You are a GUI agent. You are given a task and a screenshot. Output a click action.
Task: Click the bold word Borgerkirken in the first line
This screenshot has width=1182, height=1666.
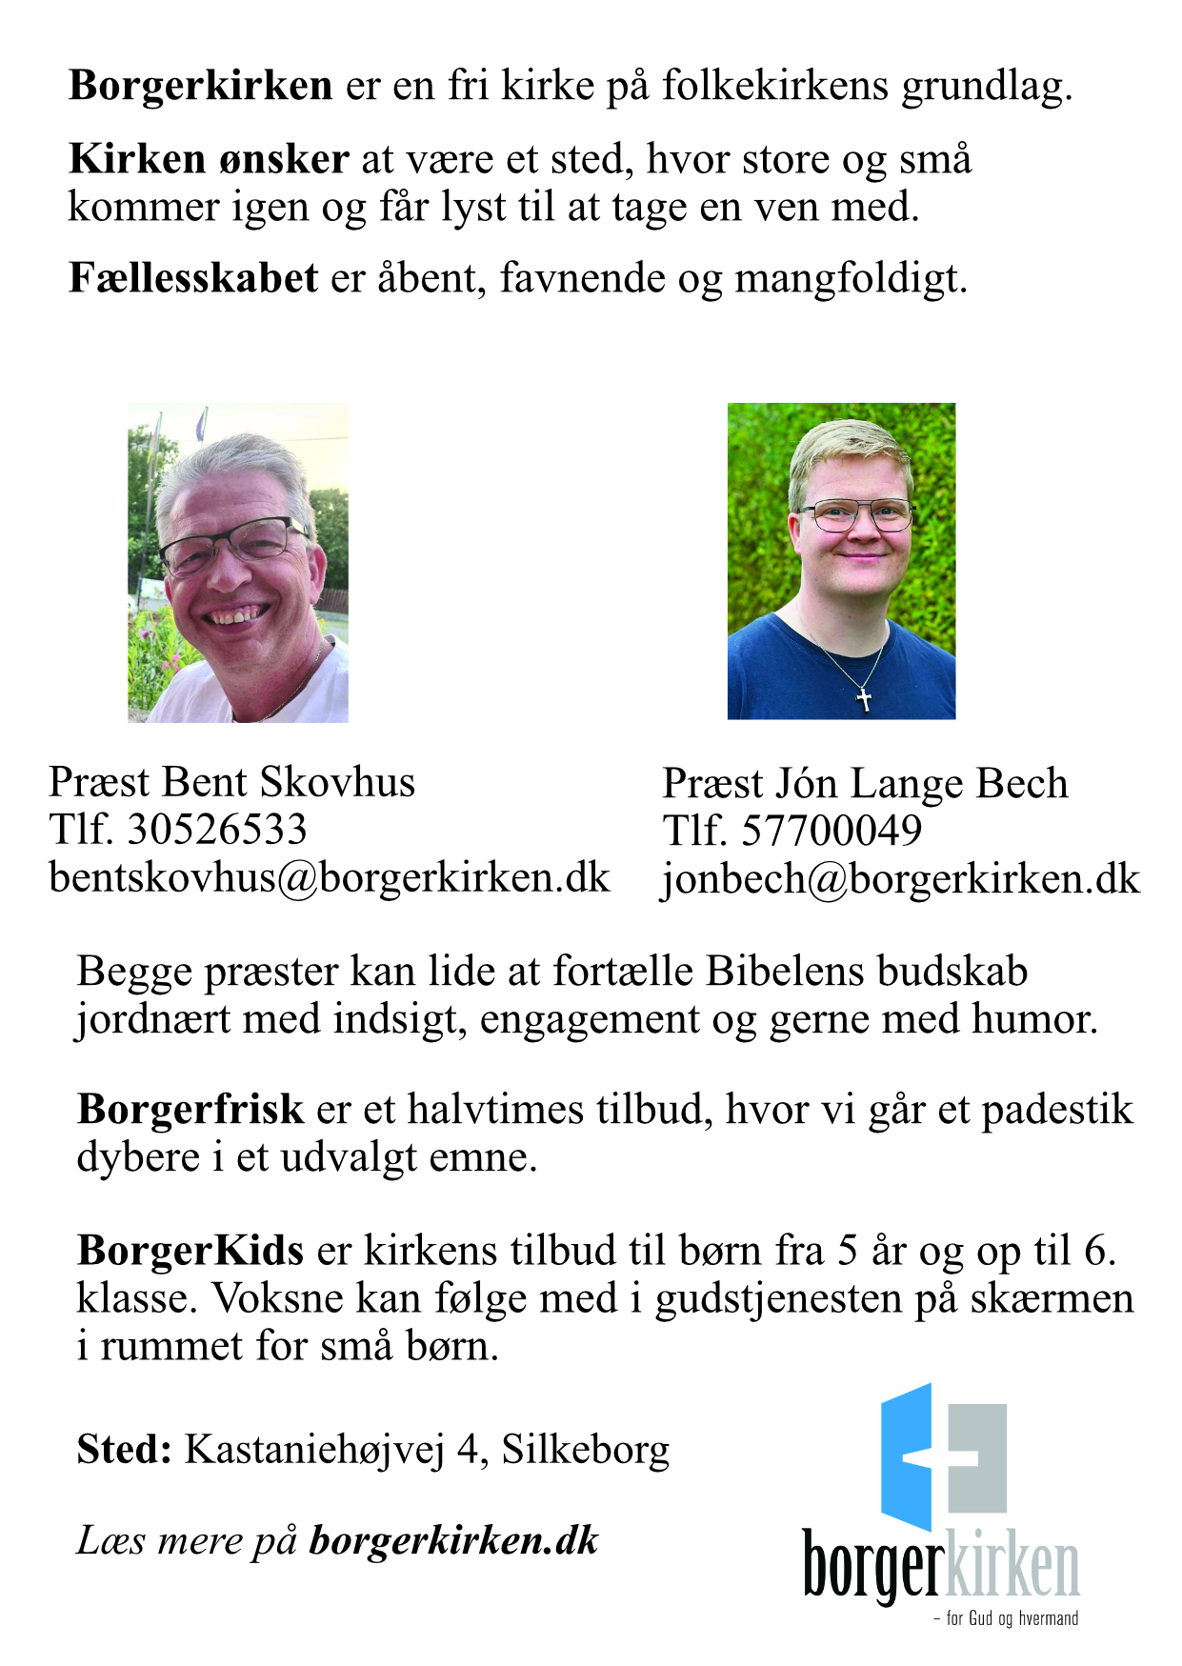(x=200, y=86)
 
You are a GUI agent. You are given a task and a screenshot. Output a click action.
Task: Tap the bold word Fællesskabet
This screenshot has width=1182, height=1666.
(x=193, y=278)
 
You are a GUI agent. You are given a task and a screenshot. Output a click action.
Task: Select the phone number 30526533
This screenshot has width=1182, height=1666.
(x=217, y=830)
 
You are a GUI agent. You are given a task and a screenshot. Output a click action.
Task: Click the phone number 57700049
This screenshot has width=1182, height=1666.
(x=831, y=832)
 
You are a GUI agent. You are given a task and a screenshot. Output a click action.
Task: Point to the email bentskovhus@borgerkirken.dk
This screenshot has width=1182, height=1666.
(x=329, y=877)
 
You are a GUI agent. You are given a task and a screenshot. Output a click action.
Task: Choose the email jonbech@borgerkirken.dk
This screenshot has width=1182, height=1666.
(x=900, y=879)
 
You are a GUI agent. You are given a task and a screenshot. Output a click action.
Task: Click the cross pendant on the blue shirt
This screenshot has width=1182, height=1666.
(x=864, y=700)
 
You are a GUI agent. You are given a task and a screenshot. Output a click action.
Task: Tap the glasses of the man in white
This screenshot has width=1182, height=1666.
(x=233, y=542)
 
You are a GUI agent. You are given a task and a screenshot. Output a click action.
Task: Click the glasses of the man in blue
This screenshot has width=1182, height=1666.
(x=855, y=515)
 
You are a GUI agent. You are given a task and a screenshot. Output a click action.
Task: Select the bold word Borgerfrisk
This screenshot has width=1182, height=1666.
(x=190, y=1110)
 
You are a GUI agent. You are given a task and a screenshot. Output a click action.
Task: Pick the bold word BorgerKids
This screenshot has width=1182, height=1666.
(x=190, y=1250)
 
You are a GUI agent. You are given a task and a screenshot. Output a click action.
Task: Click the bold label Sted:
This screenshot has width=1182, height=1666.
(x=124, y=1449)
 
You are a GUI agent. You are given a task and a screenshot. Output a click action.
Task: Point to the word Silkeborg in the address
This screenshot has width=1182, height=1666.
(x=586, y=1449)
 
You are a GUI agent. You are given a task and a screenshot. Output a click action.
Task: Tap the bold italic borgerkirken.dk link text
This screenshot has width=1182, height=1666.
(x=453, y=1540)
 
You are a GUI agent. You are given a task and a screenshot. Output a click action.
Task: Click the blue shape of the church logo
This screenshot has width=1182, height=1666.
(x=907, y=1457)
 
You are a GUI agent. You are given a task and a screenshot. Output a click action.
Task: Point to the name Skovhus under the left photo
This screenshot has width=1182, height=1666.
(x=337, y=782)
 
